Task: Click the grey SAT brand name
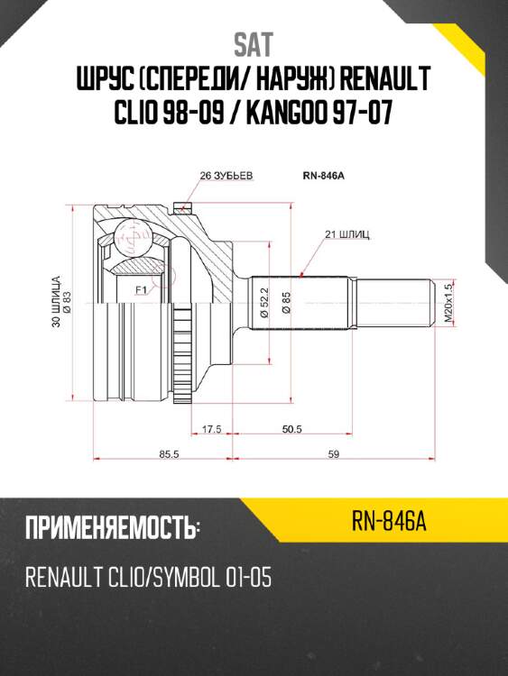254,45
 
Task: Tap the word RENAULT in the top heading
385,78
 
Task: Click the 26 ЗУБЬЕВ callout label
226,176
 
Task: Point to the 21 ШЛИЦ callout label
347,235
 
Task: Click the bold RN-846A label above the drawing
324,176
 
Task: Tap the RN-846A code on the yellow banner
389,521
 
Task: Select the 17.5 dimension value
212,429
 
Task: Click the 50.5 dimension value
292,429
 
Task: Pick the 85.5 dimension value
169,454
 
